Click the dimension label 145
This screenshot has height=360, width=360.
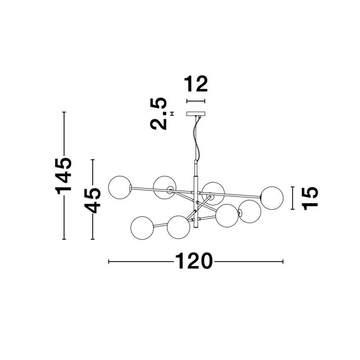(63, 175)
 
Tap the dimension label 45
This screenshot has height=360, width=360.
(92, 200)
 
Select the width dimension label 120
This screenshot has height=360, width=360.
(193, 261)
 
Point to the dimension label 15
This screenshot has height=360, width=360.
(310, 198)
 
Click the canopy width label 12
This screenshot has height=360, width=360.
(196, 84)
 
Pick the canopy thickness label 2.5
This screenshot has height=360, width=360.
(158, 114)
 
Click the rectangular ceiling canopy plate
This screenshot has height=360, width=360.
(196, 114)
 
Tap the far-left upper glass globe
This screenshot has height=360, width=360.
(120, 187)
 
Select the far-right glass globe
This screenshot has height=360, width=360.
(272, 198)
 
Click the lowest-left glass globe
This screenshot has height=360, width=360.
(142, 228)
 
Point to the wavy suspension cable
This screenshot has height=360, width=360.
(197, 138)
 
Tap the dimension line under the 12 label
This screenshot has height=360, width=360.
(196, 101)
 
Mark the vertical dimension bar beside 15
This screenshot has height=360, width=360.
(292, 198)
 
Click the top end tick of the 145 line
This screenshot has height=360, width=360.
(64, 112)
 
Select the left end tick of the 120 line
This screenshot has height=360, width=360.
(108, 261)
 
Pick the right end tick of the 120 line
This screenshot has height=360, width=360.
(283, 261)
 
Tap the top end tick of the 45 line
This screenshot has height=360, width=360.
(93, 160)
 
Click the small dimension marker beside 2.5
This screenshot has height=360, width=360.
(172, 114)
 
